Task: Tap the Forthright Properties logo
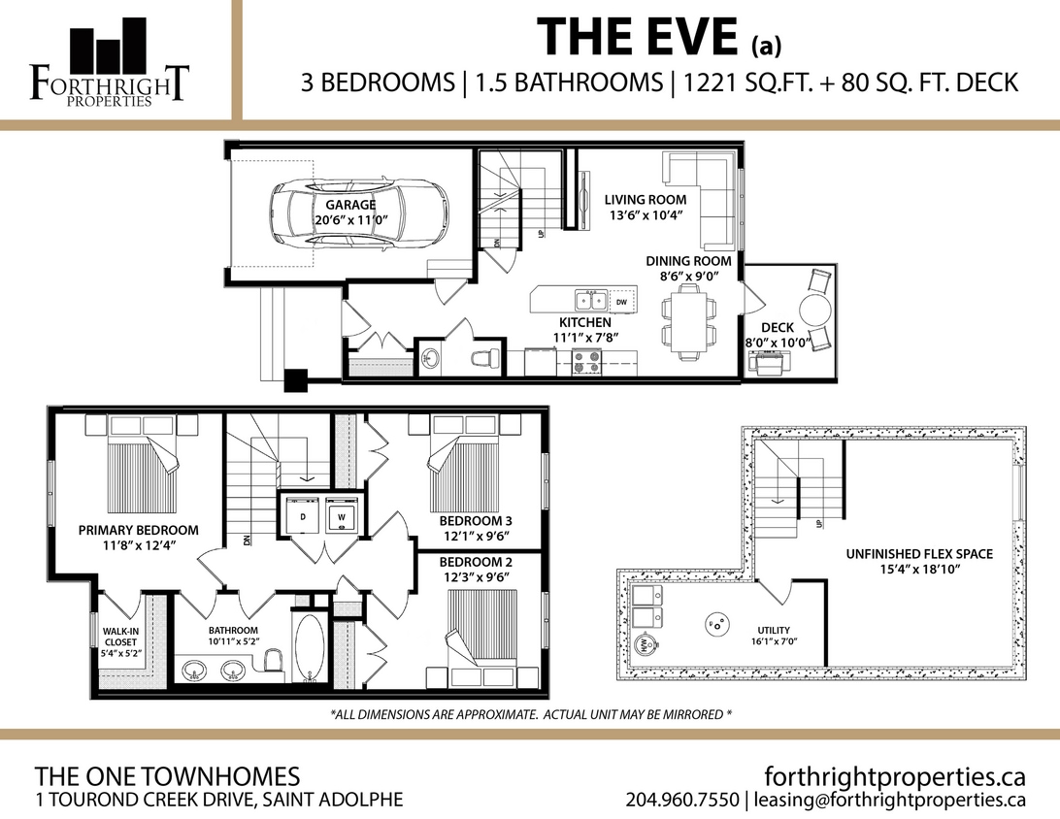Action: point(108,62)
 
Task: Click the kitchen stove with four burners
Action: point(585,362)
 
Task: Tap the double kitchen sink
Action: point(589,301)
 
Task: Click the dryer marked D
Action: point(303,517)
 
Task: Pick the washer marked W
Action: point(341,517)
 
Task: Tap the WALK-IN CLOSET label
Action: point(120,641)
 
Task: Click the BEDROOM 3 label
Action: point(476,521)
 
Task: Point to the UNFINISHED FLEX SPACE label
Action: point(918,554)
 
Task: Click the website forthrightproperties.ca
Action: point(895,776)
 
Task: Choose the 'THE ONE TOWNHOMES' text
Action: point(167,776)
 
